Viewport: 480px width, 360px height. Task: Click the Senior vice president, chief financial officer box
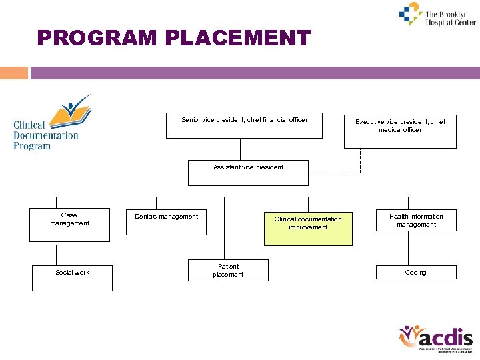pos(244,125)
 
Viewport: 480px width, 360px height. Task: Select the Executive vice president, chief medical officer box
pos(400,130)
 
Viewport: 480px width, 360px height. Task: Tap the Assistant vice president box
pos(248,173)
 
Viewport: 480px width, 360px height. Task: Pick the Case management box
pos(69,225)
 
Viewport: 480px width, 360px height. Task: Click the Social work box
pos(72,278)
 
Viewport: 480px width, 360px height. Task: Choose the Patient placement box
pos(228,271)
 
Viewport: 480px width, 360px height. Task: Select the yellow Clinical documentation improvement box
pos(308,227)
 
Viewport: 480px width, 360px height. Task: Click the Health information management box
pos(416,221)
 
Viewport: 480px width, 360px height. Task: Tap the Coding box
pos(416,272)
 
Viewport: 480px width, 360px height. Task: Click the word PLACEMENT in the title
pos(237,38)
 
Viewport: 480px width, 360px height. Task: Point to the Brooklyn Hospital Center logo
pos(437,15)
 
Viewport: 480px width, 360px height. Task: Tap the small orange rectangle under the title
pos(14,73)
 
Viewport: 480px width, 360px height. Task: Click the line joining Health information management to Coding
pos(407,248)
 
